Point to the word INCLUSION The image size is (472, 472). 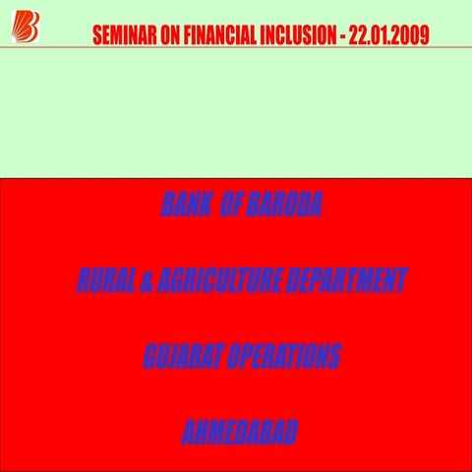click(296, 37)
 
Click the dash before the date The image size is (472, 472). click(341, 37)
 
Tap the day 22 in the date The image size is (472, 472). click(358, 37)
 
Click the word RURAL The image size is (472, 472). click(104, 281)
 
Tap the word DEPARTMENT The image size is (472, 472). click(345, 281)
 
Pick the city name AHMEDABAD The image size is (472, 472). click(240, 433)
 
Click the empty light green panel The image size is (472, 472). click(236, 113)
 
